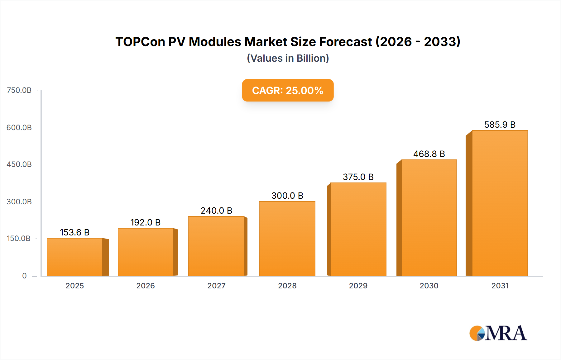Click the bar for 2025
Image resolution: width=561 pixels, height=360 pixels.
pyautogui.click(x=75, y=257)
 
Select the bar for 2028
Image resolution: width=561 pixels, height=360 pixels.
pyautogui.click(x=287, y=239)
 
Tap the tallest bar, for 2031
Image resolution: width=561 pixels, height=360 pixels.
pyautogui.click(x=500, y=203)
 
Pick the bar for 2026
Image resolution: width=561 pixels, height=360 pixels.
pyautogui.click(x=145, y=252)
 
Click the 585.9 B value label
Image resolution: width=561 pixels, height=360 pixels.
pyautogui.click(x=500, y=125)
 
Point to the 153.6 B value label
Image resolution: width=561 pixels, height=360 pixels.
pyautogui.click(x=75, y=232)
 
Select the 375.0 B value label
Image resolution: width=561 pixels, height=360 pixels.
pyautogui.click(x=358, y=177)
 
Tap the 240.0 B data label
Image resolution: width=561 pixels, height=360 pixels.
pyautogui.click(x=216, y=211)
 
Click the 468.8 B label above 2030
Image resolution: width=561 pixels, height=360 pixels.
pyautogui.click(x=429, y=154)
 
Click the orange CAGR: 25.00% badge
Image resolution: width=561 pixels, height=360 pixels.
pyautogui.click(x=288, y=90)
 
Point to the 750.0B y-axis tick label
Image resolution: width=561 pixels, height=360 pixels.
pyautogui.click(x=19, y=90)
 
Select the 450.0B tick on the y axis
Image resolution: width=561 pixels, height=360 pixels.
pyautogui.click(x=19, y=164)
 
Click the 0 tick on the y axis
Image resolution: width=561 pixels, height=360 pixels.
pyautogui.click(x=24, y=276)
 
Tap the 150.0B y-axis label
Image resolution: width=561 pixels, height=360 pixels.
pyautogui.click(x=19, y=239)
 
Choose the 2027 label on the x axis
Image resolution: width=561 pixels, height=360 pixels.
pyautogui.click(x=216, y=286)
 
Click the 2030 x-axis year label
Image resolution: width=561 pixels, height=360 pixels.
pyautogui.click(x=429, y=286)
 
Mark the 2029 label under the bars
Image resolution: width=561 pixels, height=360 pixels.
pyautogui.click(x=358, y=286)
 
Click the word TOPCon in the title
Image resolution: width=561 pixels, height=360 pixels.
pyautogui.click(x=140, y=42)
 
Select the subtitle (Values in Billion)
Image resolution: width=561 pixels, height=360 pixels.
pyautogui.click(x=288, y=58)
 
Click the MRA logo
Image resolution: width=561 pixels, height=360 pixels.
pyautogui.click(x=498, y=333)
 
